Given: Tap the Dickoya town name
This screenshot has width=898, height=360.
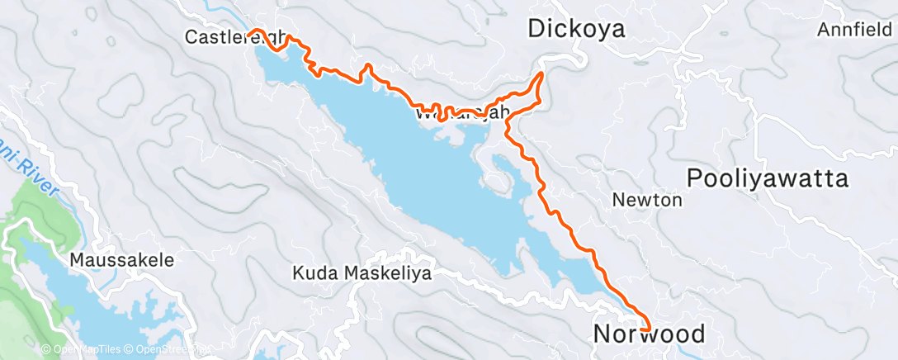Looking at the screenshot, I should point(576,30).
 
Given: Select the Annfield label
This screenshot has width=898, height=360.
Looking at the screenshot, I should point(856,31).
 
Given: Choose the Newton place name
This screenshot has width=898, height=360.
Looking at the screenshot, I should point(647,200).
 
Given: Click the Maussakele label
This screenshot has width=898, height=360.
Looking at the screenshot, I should point(122,260).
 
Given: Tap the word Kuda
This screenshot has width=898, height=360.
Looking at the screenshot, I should point(313,272).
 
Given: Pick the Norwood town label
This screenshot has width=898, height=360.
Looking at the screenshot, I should point(650,334).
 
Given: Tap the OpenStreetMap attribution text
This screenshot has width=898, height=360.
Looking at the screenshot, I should point(168,350).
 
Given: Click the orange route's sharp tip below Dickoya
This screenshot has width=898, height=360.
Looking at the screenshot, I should point(542,73).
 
